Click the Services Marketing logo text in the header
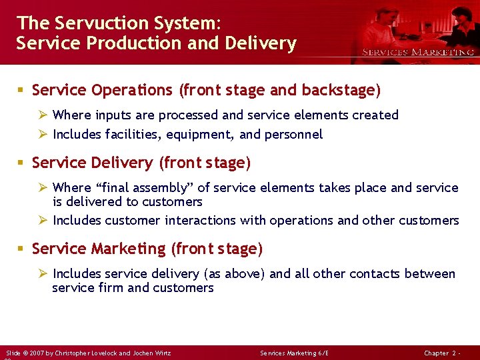[x=418, y=52]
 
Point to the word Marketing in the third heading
[x=128, y=249]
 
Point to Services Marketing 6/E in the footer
[x=295, y=353]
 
